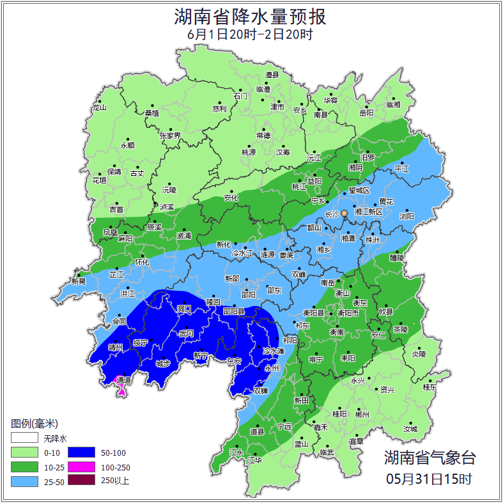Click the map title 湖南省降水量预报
point(251,16)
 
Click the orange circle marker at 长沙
point(344,213)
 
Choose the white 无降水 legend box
point(24,438)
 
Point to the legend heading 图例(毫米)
point(34,424)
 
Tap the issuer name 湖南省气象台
point(429,458)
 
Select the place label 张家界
point(170,135)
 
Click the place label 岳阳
point(366,113)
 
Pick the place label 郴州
point(362,414)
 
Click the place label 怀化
point(142,262)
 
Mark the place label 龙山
point(99,107)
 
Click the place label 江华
point(256,460)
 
